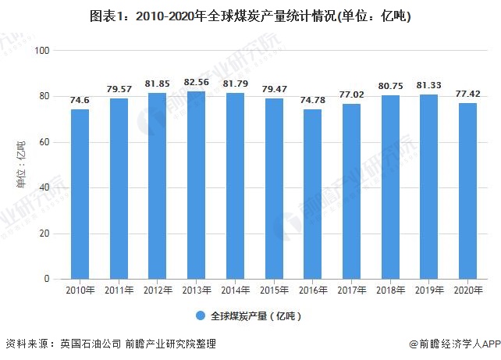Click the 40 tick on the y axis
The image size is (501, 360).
(x=44, y=188)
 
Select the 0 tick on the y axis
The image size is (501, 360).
(x=47, y=280)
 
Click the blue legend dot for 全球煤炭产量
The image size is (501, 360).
(x=201, y=316)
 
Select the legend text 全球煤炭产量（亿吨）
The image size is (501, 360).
(x=255, y=316)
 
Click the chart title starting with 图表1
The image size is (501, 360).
(x=250, y=15)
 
